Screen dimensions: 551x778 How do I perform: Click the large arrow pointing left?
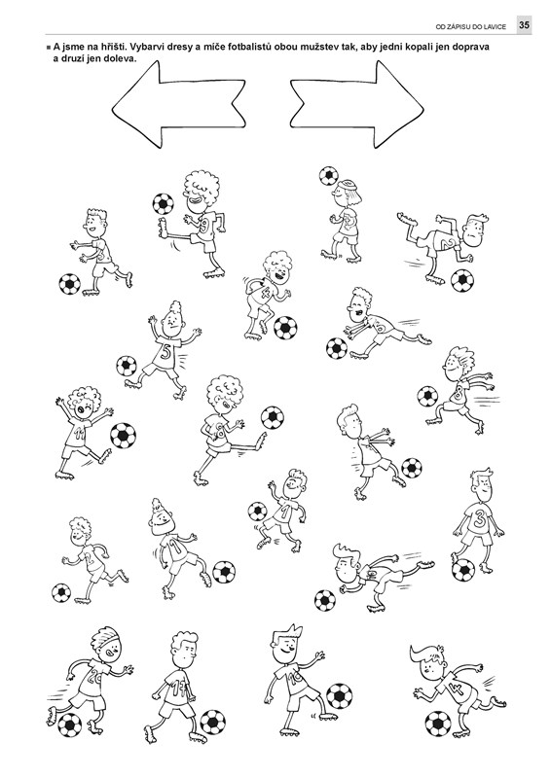tap(179, 105)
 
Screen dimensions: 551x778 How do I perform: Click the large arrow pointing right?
tap(357, 105)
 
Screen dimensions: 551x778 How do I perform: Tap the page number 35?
tap(524, 25)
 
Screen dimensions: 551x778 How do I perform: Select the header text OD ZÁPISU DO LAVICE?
tap(470, 27)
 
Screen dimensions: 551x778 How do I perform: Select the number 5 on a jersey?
tap(165, 352)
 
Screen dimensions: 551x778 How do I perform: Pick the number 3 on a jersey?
tap(480, 519)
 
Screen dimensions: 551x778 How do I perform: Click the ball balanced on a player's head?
tap(328, 176)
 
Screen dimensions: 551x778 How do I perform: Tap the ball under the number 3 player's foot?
tap(463, 570)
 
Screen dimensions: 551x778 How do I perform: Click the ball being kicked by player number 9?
tap(163, 203)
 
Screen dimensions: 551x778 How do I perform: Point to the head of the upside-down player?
tap(475, 229)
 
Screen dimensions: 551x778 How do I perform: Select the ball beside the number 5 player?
tap(127, 366)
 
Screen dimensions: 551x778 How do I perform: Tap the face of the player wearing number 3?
tap(482, 489)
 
